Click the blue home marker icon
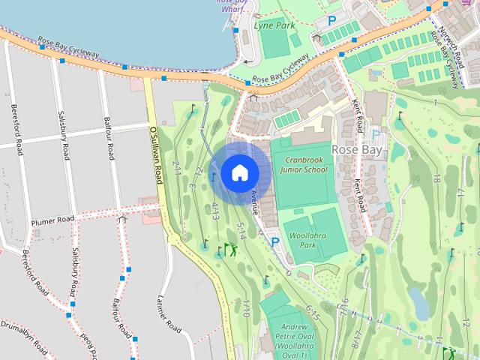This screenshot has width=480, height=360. (x=239, y=173)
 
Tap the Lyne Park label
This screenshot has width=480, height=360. (x=274, y=25)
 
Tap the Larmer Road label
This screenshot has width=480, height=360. (x=169, y=314)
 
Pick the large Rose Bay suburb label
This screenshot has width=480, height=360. (x=358, y=149)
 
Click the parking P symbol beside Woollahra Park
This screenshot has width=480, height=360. (x=275, y=241)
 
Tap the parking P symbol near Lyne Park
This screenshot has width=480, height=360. (x=331, y=21)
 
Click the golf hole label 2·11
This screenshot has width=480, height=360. (x=177, y=166)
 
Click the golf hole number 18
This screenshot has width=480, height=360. (x=437, y=178)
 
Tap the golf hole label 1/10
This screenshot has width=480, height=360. (x=246, y=307)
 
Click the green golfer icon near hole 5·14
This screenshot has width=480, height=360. (x=230, y=250)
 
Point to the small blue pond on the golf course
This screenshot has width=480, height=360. (x=420, y=302)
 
